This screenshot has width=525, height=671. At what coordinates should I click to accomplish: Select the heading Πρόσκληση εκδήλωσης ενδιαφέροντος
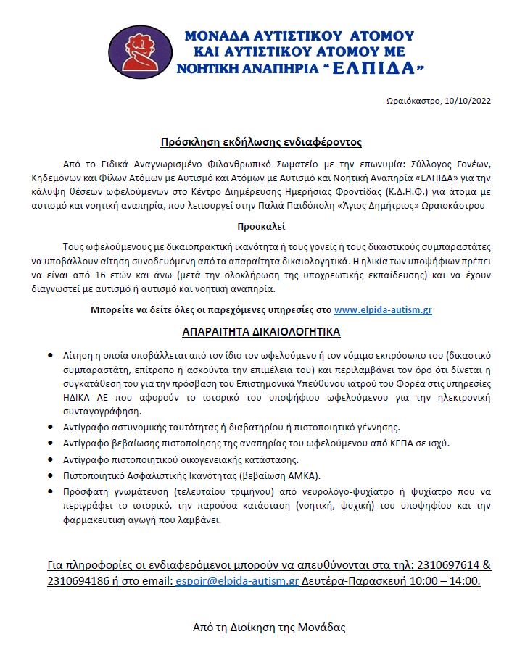(261, 142)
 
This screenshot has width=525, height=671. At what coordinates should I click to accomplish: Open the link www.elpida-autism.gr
(383, 309)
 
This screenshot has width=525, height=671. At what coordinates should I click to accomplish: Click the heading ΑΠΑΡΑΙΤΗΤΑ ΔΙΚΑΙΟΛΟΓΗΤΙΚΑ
(261, 332)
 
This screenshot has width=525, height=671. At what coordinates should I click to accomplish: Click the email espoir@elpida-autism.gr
(237, 581)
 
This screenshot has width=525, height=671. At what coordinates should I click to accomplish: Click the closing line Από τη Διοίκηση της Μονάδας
(269, 628)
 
